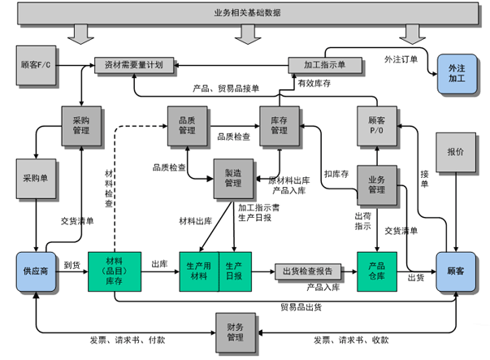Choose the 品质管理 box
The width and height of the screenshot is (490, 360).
click(x=187, y=124)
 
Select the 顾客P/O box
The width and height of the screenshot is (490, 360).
click(x=376, y=124)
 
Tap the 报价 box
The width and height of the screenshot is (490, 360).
click(x=455, y=153)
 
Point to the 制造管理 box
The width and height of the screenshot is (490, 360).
click(x=233, y=177)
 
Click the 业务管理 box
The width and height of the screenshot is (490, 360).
click(x=376, y=184)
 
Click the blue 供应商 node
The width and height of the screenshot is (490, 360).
click(x=35, y=271)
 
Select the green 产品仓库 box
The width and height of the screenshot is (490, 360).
click(x=376, y=271)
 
